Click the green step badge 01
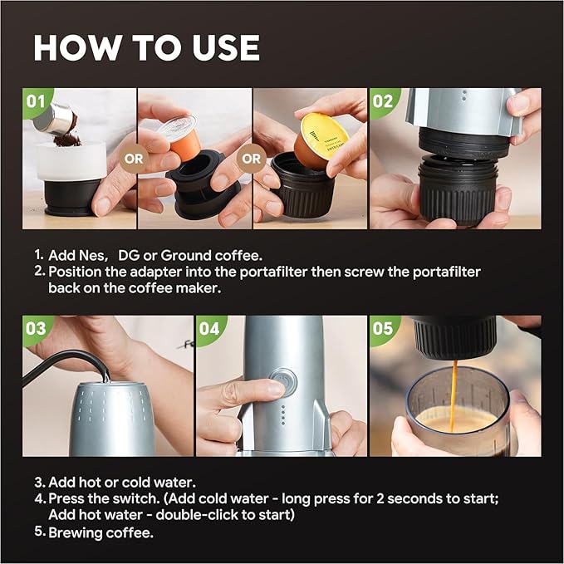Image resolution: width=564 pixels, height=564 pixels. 35,101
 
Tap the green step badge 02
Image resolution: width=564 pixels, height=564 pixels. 383,101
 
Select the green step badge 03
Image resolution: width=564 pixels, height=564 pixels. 36,327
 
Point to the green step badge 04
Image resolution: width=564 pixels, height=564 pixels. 209,328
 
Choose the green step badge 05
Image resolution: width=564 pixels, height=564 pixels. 382,328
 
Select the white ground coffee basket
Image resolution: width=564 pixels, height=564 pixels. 71,166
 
